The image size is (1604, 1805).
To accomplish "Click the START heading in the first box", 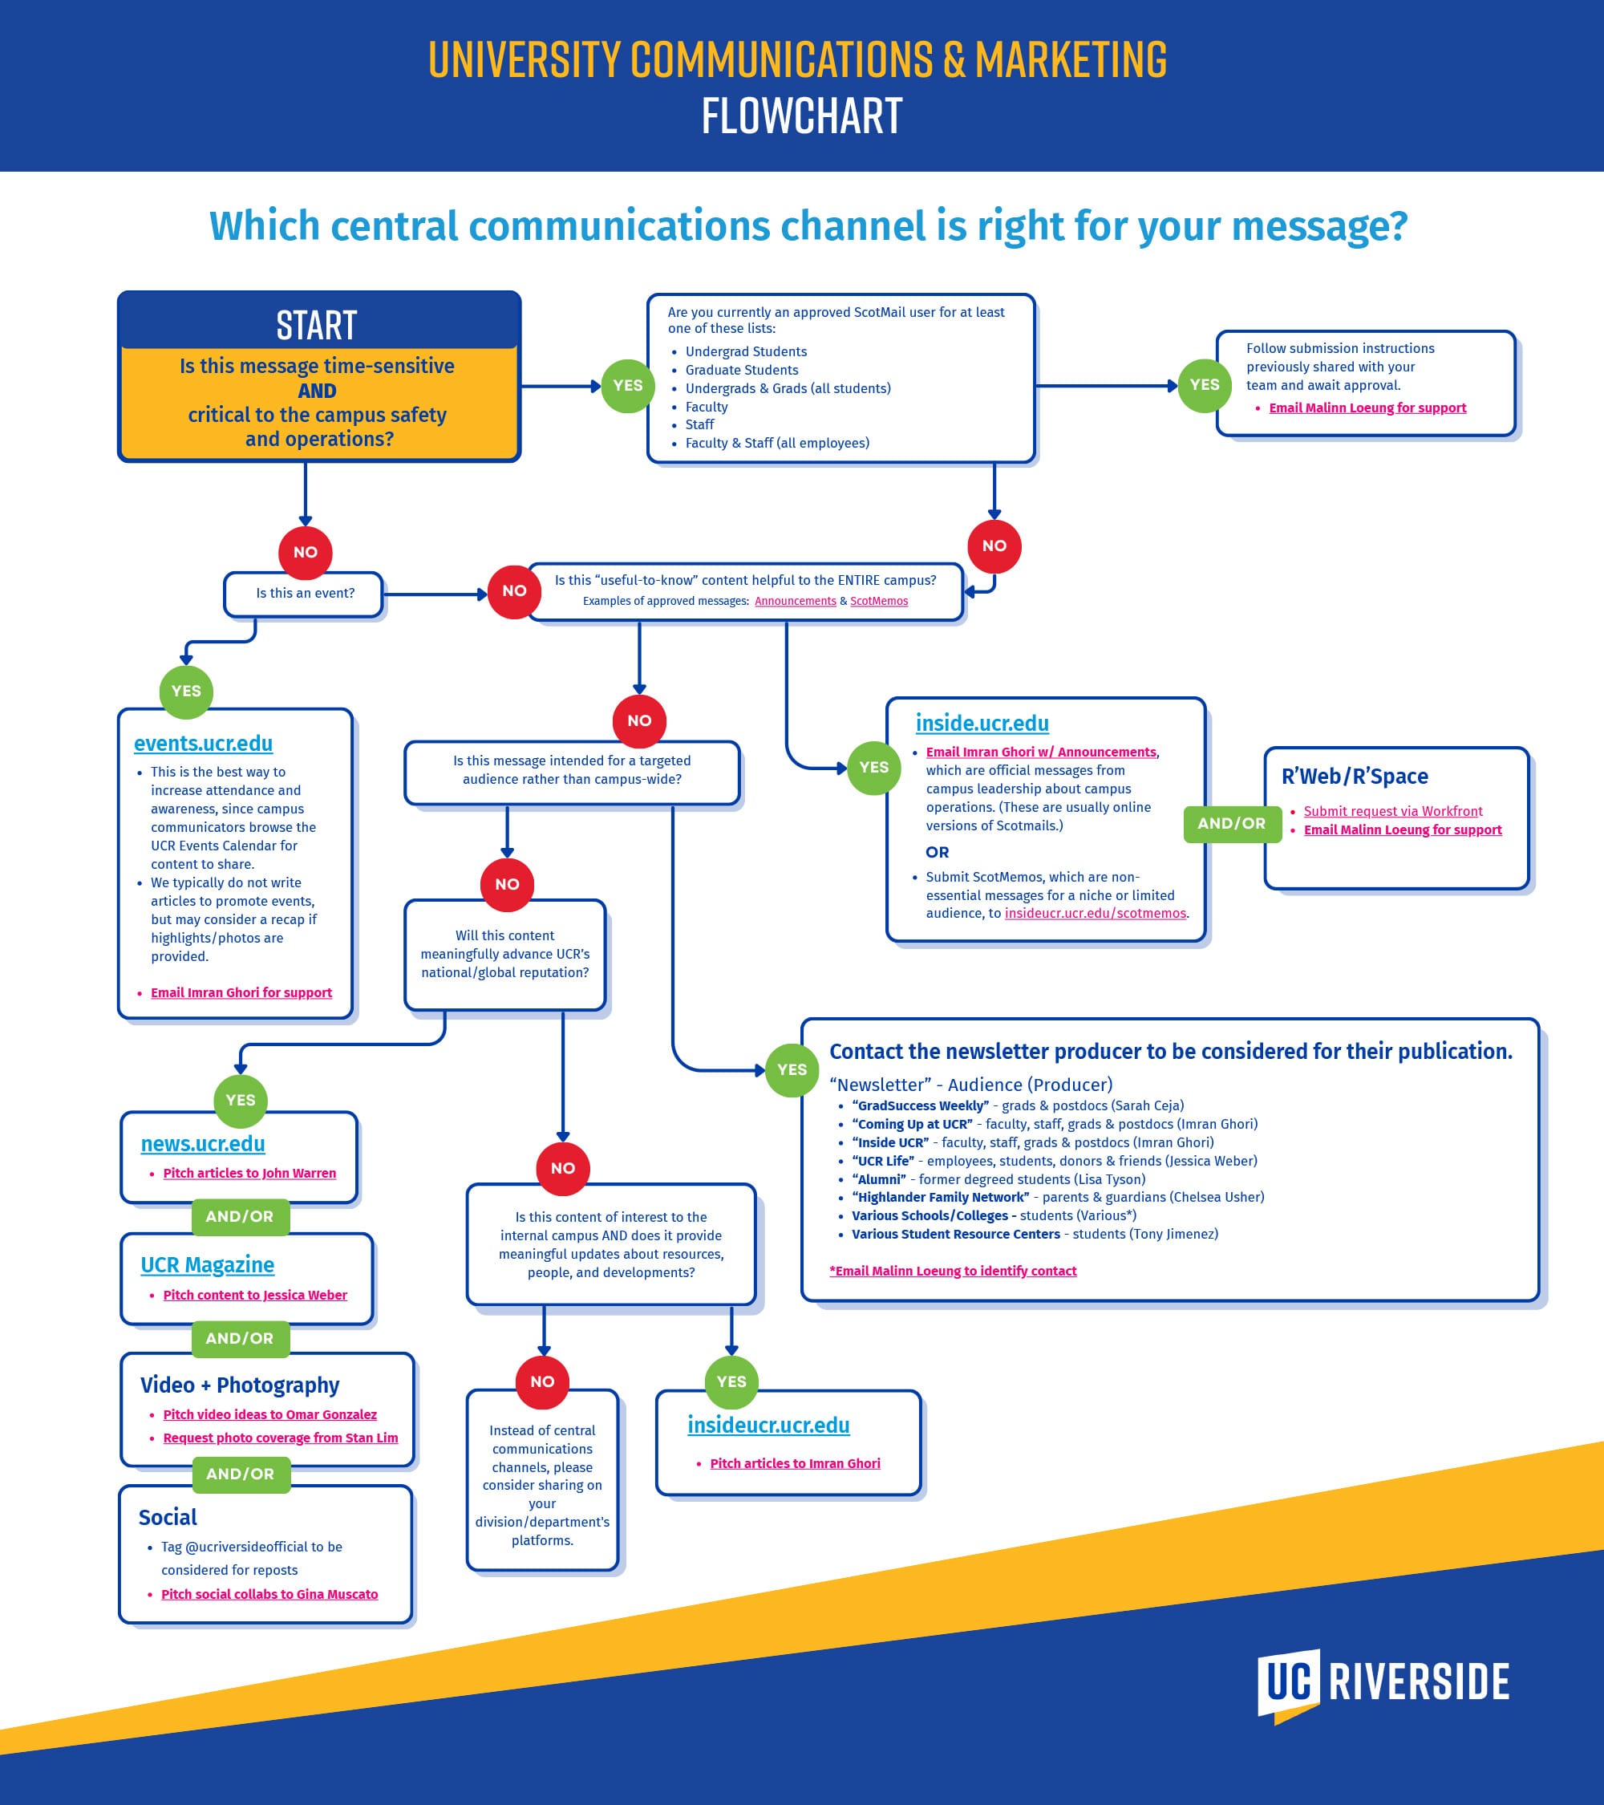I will [x=317, y=325].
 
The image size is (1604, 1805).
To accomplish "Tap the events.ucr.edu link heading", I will [x=203, y=744].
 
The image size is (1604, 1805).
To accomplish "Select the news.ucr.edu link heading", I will [x=203, y=1144].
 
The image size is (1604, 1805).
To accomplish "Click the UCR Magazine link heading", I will [x=208, y=1264].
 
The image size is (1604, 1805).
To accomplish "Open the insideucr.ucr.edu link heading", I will [x=768, y=1425].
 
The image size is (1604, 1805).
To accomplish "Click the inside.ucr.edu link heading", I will [x=982, y=724].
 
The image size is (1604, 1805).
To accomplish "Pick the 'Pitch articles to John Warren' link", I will [x=250, y=1173].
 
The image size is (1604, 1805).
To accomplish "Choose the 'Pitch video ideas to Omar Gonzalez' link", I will [x=270, y=1414].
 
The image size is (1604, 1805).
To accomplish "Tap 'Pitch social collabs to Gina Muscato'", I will [x=269, y=1593].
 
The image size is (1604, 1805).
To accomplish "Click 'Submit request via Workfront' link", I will [x=1393, y=811].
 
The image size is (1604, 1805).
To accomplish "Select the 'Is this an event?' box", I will [x=305, y=594].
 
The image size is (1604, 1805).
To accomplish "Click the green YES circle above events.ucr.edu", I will [x=186, y=691].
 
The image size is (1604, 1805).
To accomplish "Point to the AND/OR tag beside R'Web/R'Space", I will [x=1231, y=823].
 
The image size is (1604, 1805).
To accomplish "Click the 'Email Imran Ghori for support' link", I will [x=241, y=992].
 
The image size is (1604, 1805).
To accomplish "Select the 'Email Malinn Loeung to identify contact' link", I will [x=954, y=1271].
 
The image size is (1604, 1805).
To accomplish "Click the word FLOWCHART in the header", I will [x=801, y=116].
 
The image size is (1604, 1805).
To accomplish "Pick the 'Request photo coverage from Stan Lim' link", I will [x=281, y=1438].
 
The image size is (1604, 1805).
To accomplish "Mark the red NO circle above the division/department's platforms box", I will [x=542, y=1381].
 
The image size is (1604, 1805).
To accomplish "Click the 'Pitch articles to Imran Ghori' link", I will [x=795, y=1463].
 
